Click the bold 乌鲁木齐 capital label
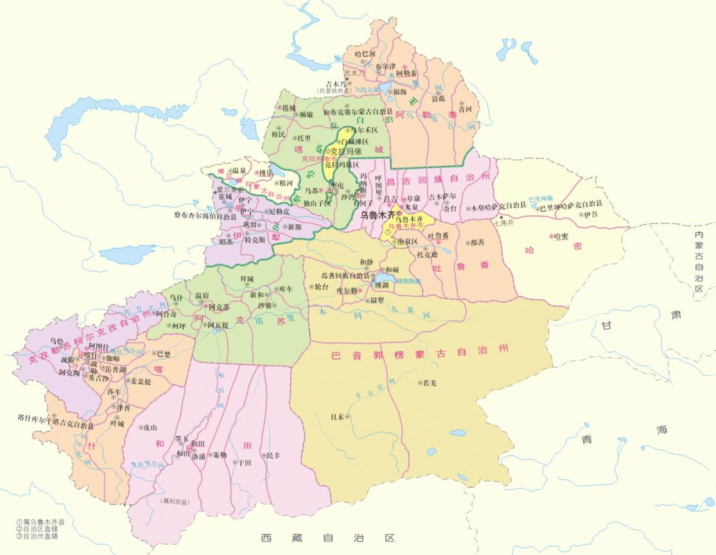[376, 215]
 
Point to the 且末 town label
[337, 416]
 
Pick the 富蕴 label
[438, 98]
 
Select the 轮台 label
[320, 286]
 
